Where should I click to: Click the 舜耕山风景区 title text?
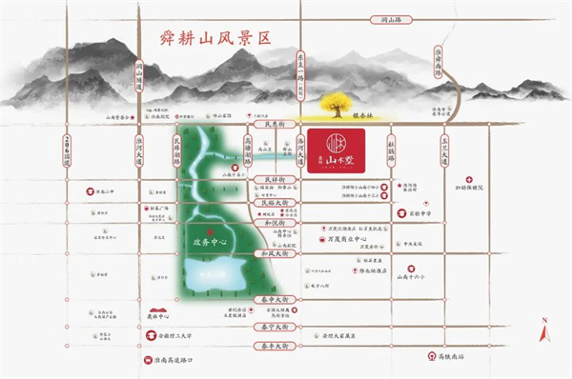click(x=210, y=39)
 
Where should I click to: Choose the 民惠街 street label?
click(x=274, y=125)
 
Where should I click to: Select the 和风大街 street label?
click(x=274, y=254)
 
